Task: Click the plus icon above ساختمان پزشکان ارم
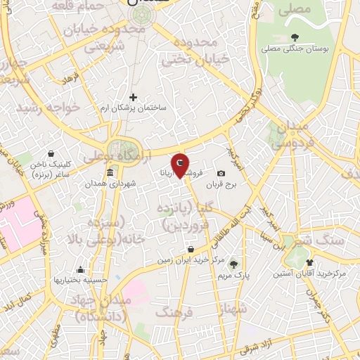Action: (133, 97)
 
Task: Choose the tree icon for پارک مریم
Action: (234, 264)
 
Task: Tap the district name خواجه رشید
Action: (41, 107)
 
